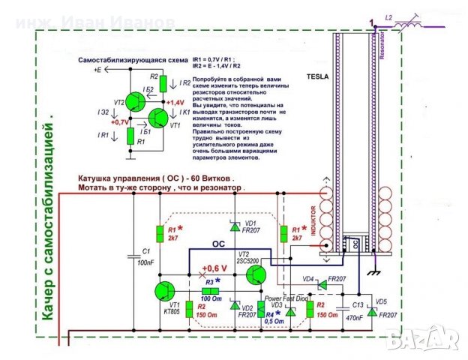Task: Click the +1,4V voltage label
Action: click(175, 102)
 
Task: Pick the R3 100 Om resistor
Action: click(211, 291)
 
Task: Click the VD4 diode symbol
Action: click(321, 284)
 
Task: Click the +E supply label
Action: click(97, 70)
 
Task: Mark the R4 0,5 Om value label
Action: click(275, 317)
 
